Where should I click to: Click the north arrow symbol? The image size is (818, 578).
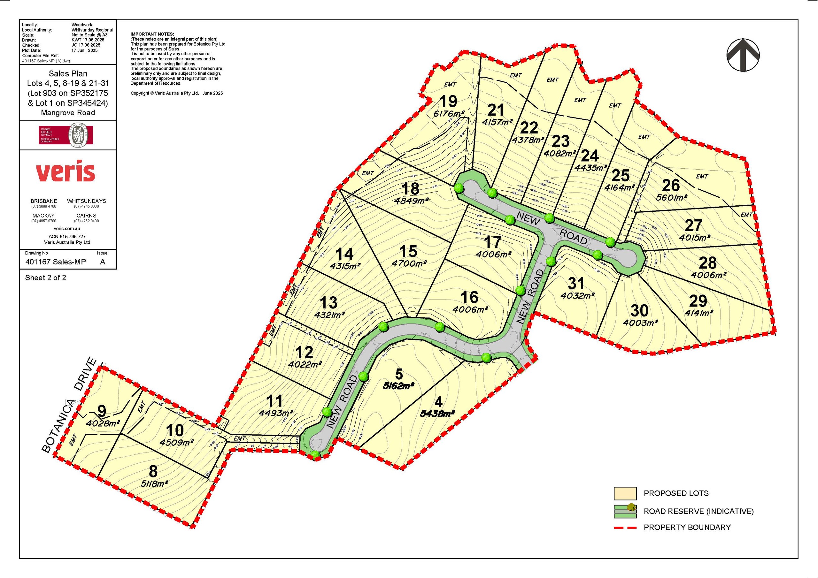743,55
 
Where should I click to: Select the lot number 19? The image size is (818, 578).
448,102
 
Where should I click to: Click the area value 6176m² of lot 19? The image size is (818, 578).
449,114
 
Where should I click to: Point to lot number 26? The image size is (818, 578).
671,185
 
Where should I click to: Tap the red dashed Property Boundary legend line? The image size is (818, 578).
625,528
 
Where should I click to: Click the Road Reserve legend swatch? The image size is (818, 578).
625,511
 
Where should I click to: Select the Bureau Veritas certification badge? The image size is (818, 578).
66,135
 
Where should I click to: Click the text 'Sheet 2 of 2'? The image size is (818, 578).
46,278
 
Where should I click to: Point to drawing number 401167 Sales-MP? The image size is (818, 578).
56,262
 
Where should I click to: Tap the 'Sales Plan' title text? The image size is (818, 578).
68,74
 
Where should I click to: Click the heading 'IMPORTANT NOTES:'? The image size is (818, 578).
152,34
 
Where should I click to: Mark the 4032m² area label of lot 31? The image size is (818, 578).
577,295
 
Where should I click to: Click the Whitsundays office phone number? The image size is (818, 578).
86,206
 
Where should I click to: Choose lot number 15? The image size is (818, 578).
408,251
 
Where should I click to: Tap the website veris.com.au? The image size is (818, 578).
67,229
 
